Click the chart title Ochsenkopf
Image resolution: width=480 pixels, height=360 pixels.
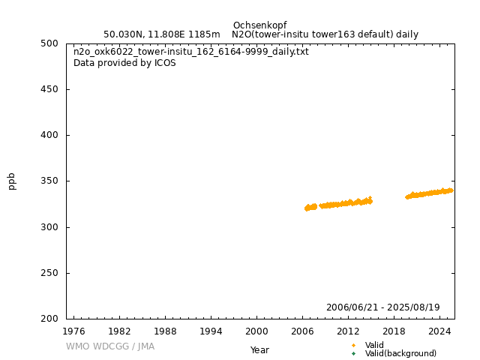click(x=259, y=25)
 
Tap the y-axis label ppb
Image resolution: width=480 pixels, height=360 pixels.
click(x=11, y=181)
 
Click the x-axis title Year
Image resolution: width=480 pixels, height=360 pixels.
click(x=259, y=350)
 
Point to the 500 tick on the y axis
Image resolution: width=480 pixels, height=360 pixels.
click(x=51, y=43)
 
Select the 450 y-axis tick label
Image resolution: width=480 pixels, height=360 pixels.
click(x=51, y=89)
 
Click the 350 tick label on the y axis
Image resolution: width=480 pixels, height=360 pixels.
click(x=51, y=181)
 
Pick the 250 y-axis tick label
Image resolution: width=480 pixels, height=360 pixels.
click(x=51, y=273)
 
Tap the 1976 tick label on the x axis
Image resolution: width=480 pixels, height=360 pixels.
click(x=73, y=331)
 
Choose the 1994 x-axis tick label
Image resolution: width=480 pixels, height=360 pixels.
click(x=211, y=331)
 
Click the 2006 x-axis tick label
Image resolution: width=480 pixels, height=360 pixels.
click(x=302, y=331)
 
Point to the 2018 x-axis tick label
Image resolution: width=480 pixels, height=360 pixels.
click(x=394, y=331)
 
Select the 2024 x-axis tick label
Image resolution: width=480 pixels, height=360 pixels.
click(x=439, y=331)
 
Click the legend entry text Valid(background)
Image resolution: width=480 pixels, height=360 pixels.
click(x=400, y=354)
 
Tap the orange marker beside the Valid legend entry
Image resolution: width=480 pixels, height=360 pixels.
click(x=353, y=346)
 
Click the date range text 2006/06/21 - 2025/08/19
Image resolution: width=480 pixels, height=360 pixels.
click(x=382, y=307)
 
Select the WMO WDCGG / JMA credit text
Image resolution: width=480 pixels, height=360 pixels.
click(x=110, y=346)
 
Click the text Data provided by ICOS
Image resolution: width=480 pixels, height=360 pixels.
click(x=124, y=63)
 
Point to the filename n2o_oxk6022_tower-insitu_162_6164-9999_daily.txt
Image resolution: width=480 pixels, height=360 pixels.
click(x=190, y=52)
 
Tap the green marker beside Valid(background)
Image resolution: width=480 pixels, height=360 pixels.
click(x=353, y=354)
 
